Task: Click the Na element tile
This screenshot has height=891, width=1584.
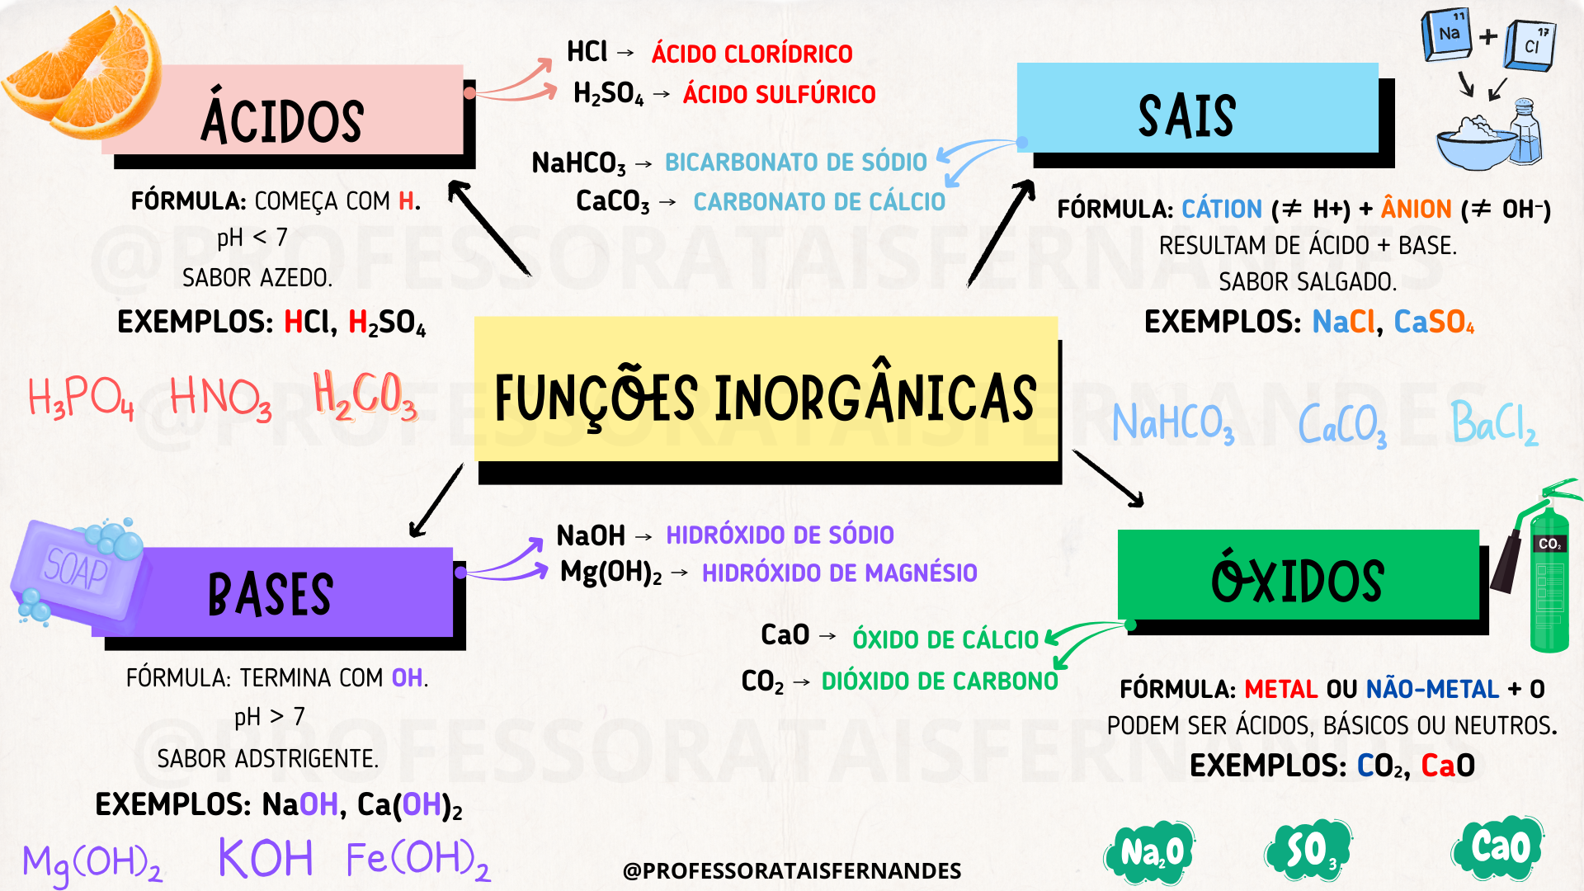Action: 1447,35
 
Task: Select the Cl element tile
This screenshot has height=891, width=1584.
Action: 1530,45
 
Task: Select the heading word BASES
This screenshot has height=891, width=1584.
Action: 271,594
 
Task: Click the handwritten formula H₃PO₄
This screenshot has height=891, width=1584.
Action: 81,398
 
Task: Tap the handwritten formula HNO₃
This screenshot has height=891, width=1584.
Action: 220,398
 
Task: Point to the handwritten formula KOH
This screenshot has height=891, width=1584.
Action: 266,858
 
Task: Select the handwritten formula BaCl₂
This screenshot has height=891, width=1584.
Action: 1494,423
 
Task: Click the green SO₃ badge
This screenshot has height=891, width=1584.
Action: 1308,850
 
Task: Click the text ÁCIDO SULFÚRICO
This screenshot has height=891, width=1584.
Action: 779,95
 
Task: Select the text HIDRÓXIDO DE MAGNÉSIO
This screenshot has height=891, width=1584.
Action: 839,573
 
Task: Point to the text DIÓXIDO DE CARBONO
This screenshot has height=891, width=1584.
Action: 940,681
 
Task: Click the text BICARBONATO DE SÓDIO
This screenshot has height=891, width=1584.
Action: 796,162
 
